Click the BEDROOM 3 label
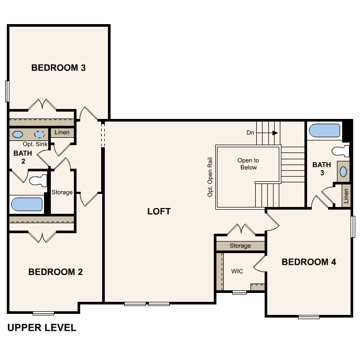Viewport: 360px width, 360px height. click(x=58, y=68)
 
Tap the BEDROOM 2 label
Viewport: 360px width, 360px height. click(x=56, y=272)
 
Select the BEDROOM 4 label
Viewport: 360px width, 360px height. click(x=309, y=262)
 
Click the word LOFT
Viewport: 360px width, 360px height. click(x=159, y=212)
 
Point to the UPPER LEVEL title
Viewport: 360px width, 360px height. click(x=42, y=328)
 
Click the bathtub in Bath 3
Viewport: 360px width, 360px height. click(x=324, y=130)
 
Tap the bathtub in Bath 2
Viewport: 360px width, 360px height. click(x=27, y=204)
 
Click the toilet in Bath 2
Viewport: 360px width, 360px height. click(x=38, y=180)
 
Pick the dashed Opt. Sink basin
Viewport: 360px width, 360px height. click(x=39, y=134)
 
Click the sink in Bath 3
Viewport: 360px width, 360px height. click(x=343, y=172)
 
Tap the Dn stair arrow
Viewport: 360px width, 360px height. click(x=267, y=133)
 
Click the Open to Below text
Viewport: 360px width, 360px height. click(x=248, y=163)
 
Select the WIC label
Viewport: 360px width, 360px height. click(x=237, y=271)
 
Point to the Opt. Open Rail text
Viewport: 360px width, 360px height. click(x=210, y=177)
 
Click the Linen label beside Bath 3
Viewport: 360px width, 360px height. click(x=346, y=196)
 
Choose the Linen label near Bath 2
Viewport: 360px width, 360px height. click(x=62, y=132)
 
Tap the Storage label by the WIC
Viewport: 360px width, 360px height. click(x=240, y=246)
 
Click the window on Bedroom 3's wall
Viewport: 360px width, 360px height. click(x=7, y=91)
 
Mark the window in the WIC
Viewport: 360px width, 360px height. click(x=239, y=292)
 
